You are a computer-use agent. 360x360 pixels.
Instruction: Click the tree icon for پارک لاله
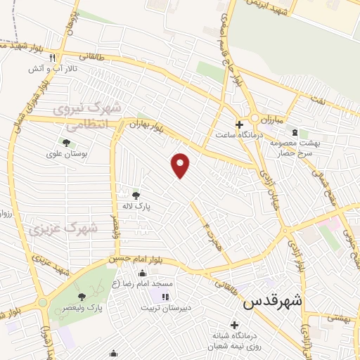[136, 195]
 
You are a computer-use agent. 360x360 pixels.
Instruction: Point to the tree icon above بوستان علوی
[66, 143]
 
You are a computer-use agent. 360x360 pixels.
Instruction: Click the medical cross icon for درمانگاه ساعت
[240, 124]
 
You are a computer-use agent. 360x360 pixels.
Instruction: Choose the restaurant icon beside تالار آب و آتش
[63, 58]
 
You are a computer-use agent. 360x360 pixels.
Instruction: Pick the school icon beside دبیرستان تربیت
[165, 297]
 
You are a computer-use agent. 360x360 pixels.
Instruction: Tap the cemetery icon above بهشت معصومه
[294, 133]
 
